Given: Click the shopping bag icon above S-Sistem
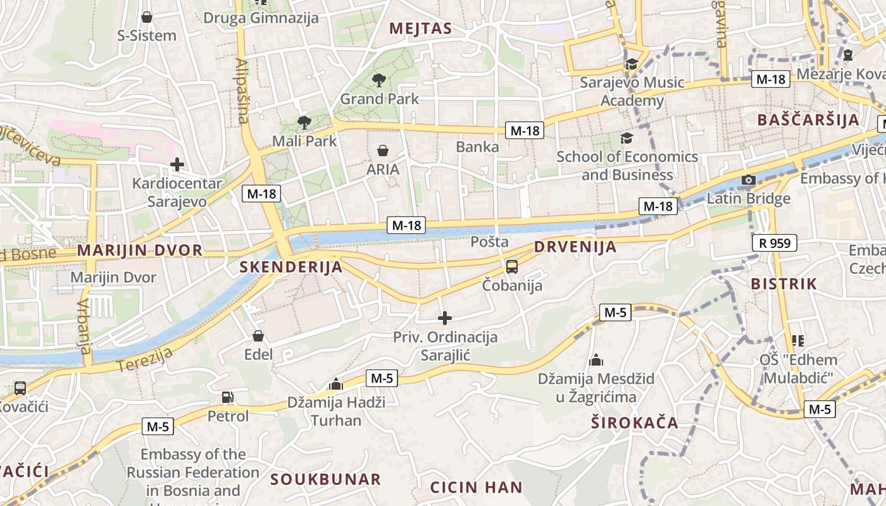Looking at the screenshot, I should [x=147, y=17].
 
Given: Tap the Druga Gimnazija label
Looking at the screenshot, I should [x=261, y=18].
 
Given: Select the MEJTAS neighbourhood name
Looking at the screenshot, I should [x=421, y=28].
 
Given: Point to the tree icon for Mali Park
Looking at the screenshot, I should [x=304, y=123].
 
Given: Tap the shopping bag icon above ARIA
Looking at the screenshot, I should [x=383, y=151].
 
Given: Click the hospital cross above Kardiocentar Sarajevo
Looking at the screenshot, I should [x=177, y=165].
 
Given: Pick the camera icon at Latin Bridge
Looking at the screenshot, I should [x=749, y=180].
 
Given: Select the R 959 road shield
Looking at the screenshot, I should [x=775, y=243].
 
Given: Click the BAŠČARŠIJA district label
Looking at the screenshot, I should [x=808, y=120].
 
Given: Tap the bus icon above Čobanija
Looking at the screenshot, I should [x=512, y=267].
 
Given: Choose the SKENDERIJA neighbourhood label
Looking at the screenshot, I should [x=291, y=267].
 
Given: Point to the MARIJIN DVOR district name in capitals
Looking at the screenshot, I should [x=140, y=250].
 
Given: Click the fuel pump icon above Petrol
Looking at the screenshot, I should [x=228, y=397].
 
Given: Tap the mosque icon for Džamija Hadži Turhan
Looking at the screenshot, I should [x=336, y=384].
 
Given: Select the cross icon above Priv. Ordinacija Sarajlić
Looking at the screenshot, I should [x=445, y=318].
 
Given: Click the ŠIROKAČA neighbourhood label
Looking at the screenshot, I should [x=634, y=423].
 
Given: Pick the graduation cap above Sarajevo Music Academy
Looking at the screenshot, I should [x=632, y=64].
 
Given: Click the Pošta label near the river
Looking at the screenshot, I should [x=490, y=242].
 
